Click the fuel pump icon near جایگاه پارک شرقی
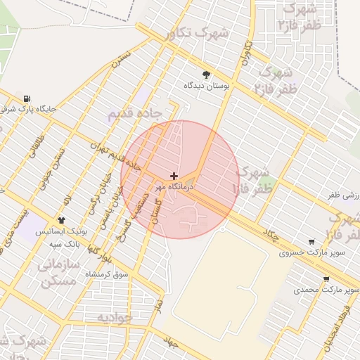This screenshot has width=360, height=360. [x=27, y=98]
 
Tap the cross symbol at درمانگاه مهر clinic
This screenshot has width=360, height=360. [x=174, y=175]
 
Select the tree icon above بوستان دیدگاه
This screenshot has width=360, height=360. [x=206, y=75]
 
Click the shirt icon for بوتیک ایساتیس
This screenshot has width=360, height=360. [x=61, y=221]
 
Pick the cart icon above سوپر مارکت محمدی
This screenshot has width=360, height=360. [x=326, y=279]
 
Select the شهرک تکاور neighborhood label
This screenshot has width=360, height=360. [x=199, y=33]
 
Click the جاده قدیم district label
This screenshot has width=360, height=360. [x=135, y=112]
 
